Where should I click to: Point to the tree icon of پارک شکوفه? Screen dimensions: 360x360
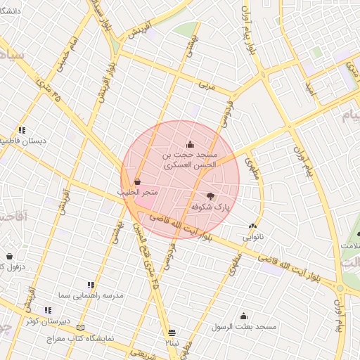211,196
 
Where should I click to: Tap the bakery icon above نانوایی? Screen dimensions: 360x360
252,226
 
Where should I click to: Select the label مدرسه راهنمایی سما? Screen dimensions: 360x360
91,295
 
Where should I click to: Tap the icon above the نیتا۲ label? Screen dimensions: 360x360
172,331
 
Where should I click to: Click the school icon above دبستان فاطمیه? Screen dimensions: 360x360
22,130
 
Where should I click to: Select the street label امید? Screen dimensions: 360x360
312,87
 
